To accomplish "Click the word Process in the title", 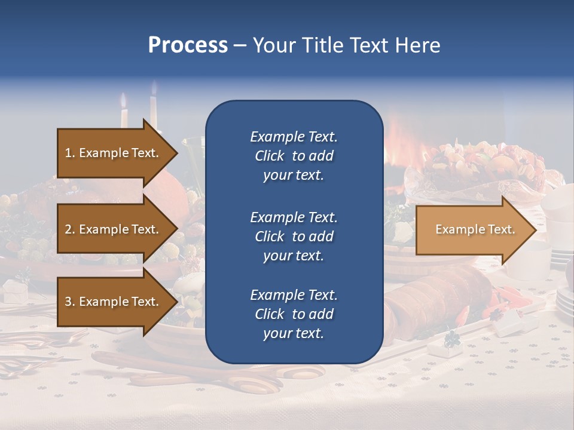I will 188,45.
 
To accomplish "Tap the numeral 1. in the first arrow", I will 70,153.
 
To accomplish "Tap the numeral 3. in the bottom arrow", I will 70,302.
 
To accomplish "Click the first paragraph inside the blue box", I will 294,156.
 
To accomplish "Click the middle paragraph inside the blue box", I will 294,236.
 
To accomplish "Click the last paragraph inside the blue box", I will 294,314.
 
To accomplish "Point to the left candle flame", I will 124,100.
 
